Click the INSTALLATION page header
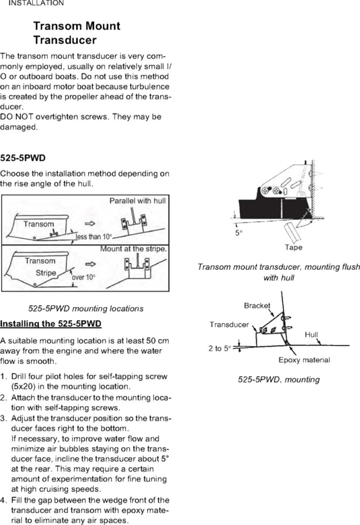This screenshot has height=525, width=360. [x=36, y=3]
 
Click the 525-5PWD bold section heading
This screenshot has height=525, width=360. [x=23, y=158]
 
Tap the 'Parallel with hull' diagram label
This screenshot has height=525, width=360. [x=137, y=201]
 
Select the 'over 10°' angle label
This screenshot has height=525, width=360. [x=83, y=277]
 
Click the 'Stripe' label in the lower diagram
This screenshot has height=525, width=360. [x=46, y=273]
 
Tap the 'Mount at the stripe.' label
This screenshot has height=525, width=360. [x=133, y=249]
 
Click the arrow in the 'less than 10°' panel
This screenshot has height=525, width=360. [x=90, y=224]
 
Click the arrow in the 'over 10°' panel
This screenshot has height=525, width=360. [x=90, y=264]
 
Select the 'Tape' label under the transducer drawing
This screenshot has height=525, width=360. [x=293, y=247]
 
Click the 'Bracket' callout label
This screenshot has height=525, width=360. [x=257, y=305]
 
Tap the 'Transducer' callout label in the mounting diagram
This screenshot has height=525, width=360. [x=229, y=325]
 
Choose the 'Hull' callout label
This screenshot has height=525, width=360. [x=311, y=335]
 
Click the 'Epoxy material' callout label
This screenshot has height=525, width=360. [x=304, y=360]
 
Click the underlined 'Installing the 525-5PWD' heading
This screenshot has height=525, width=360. [x=51, y=324]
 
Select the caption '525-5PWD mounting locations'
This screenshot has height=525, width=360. [x=86, y=308]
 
